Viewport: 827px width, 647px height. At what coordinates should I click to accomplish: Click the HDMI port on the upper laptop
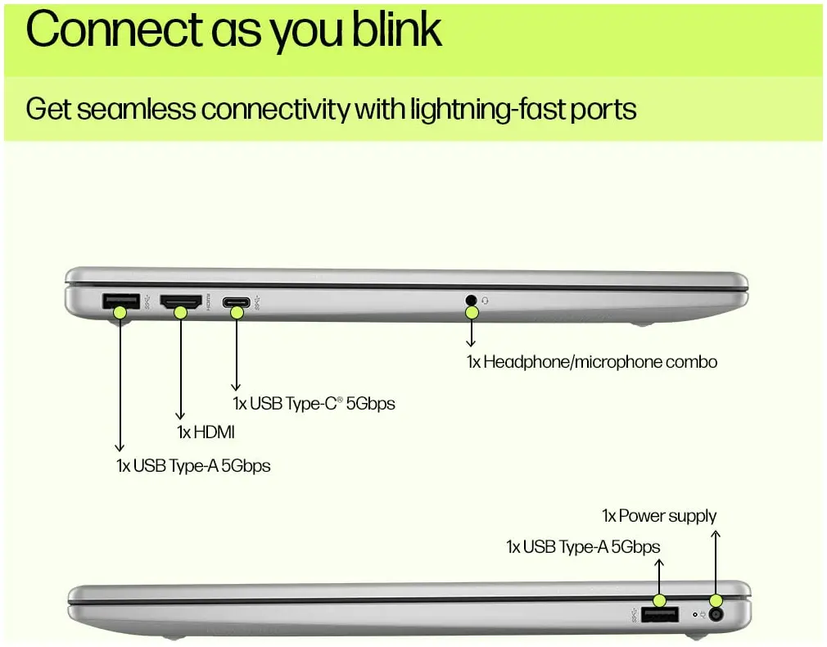(x=180, y=302)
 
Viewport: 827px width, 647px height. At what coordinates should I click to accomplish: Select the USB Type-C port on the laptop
(x=237, y=303)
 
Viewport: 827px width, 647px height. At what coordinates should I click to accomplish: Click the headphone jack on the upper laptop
(x=470, y=301)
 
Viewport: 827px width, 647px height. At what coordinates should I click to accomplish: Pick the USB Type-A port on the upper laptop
(x=115, y=301)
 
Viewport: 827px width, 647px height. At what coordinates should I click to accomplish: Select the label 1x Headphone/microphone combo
(x=592, y=361)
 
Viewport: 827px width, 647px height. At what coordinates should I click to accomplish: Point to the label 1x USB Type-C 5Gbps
(x=314, y=404)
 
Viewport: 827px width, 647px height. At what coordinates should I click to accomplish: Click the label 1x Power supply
(x=659, y=516)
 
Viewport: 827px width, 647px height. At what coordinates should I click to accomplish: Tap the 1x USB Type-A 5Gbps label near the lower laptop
(x=583, y=546)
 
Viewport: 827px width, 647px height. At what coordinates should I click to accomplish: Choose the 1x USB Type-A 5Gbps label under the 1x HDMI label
(x=193, y=466)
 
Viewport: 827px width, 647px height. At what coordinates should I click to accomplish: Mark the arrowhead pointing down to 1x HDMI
(x=180, y=415)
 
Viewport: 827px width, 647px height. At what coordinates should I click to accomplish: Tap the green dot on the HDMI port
(x=181, y=311)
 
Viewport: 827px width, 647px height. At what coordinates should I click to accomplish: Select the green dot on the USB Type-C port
(x=237, y=312)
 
